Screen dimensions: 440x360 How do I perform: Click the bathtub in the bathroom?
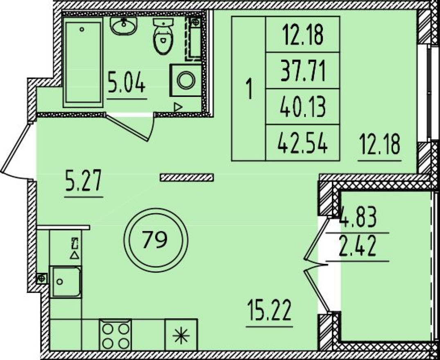(x=83, y=63)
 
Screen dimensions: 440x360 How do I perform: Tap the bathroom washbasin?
(x=124, y=26)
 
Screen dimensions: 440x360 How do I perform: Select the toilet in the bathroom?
(x=163, y=36)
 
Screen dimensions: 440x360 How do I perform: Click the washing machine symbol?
(x=185, y=81)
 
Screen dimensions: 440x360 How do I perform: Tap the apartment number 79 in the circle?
(x=155, y=240)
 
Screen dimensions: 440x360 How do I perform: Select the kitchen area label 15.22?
(x=269, y=310)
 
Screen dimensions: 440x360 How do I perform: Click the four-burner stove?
(x=115, y=335)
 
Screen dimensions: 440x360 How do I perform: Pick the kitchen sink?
(x=65, y=282)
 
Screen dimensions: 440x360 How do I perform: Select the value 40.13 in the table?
(x=303, y=107)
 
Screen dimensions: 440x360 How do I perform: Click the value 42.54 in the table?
(x=303, y=143)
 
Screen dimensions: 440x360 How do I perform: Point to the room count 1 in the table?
(x=249, y=89)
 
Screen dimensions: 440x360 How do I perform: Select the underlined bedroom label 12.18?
(x=380, y=145)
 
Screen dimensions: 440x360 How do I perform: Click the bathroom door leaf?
(x=127, y=127)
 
